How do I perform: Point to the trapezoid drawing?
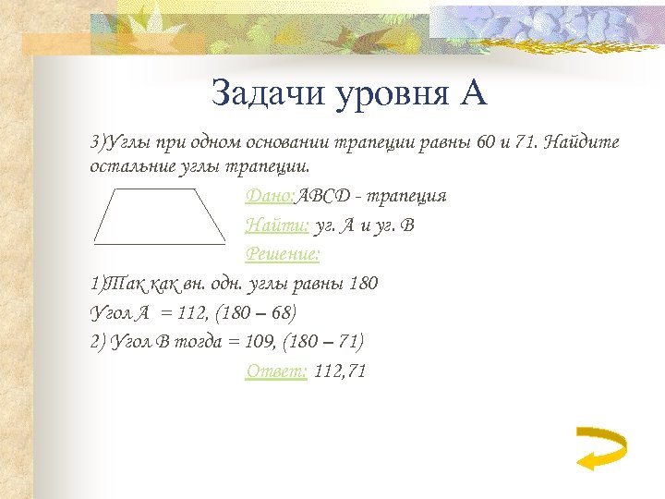pos(160,217)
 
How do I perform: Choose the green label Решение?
pos(282,252)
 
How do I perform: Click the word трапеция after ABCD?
pos(411,196)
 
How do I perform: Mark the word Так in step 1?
pos(122,283)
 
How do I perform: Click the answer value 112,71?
pos(340,371)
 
